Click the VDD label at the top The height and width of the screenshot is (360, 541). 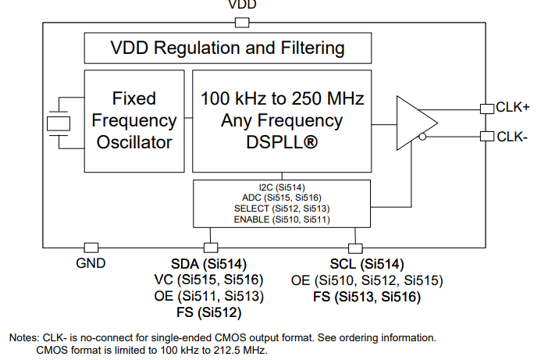242,5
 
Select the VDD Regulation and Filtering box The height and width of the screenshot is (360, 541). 215,48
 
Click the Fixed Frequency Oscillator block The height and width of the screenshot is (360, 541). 134,121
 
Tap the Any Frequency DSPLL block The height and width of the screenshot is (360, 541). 282,121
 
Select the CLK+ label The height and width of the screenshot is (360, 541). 513,107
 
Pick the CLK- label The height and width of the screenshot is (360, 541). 512,137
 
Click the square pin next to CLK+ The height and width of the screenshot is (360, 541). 486,107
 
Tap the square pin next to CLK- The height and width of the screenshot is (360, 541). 486,137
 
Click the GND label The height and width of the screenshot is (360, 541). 91,263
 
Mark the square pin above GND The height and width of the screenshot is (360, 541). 91,248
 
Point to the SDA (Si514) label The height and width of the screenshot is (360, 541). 208,264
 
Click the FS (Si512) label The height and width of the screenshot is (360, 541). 208,313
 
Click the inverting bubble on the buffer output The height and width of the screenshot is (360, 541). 422,137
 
